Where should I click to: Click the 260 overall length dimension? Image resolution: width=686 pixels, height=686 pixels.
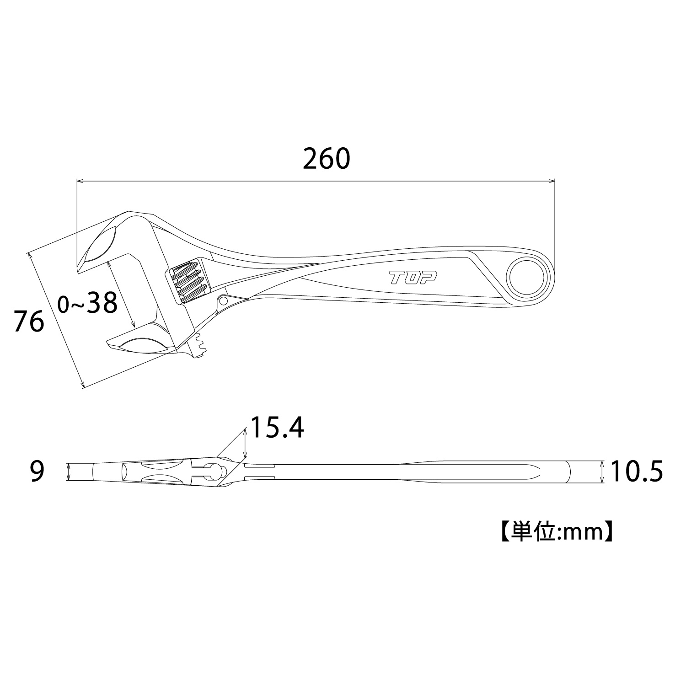click(327, 159)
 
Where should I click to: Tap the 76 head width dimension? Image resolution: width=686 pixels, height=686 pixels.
click(29, 321)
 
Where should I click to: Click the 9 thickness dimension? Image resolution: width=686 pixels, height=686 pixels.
click(37, 472)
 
